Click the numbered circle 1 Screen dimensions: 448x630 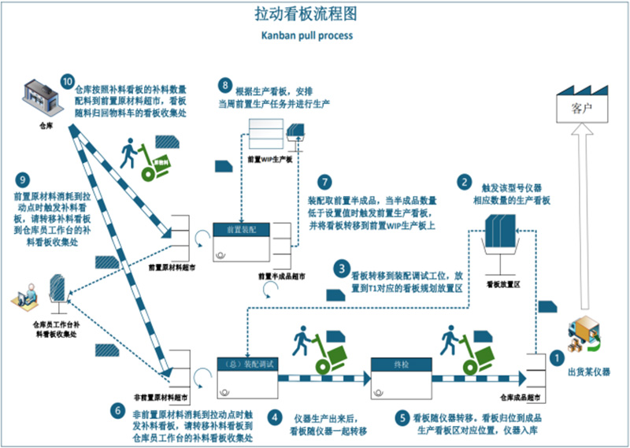(556, 356)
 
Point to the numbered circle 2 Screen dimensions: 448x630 (466, 181)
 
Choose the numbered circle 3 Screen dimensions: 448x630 (341, 268)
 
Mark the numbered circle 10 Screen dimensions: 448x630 (67, 82)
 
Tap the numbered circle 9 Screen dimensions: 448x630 (26, 179)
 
